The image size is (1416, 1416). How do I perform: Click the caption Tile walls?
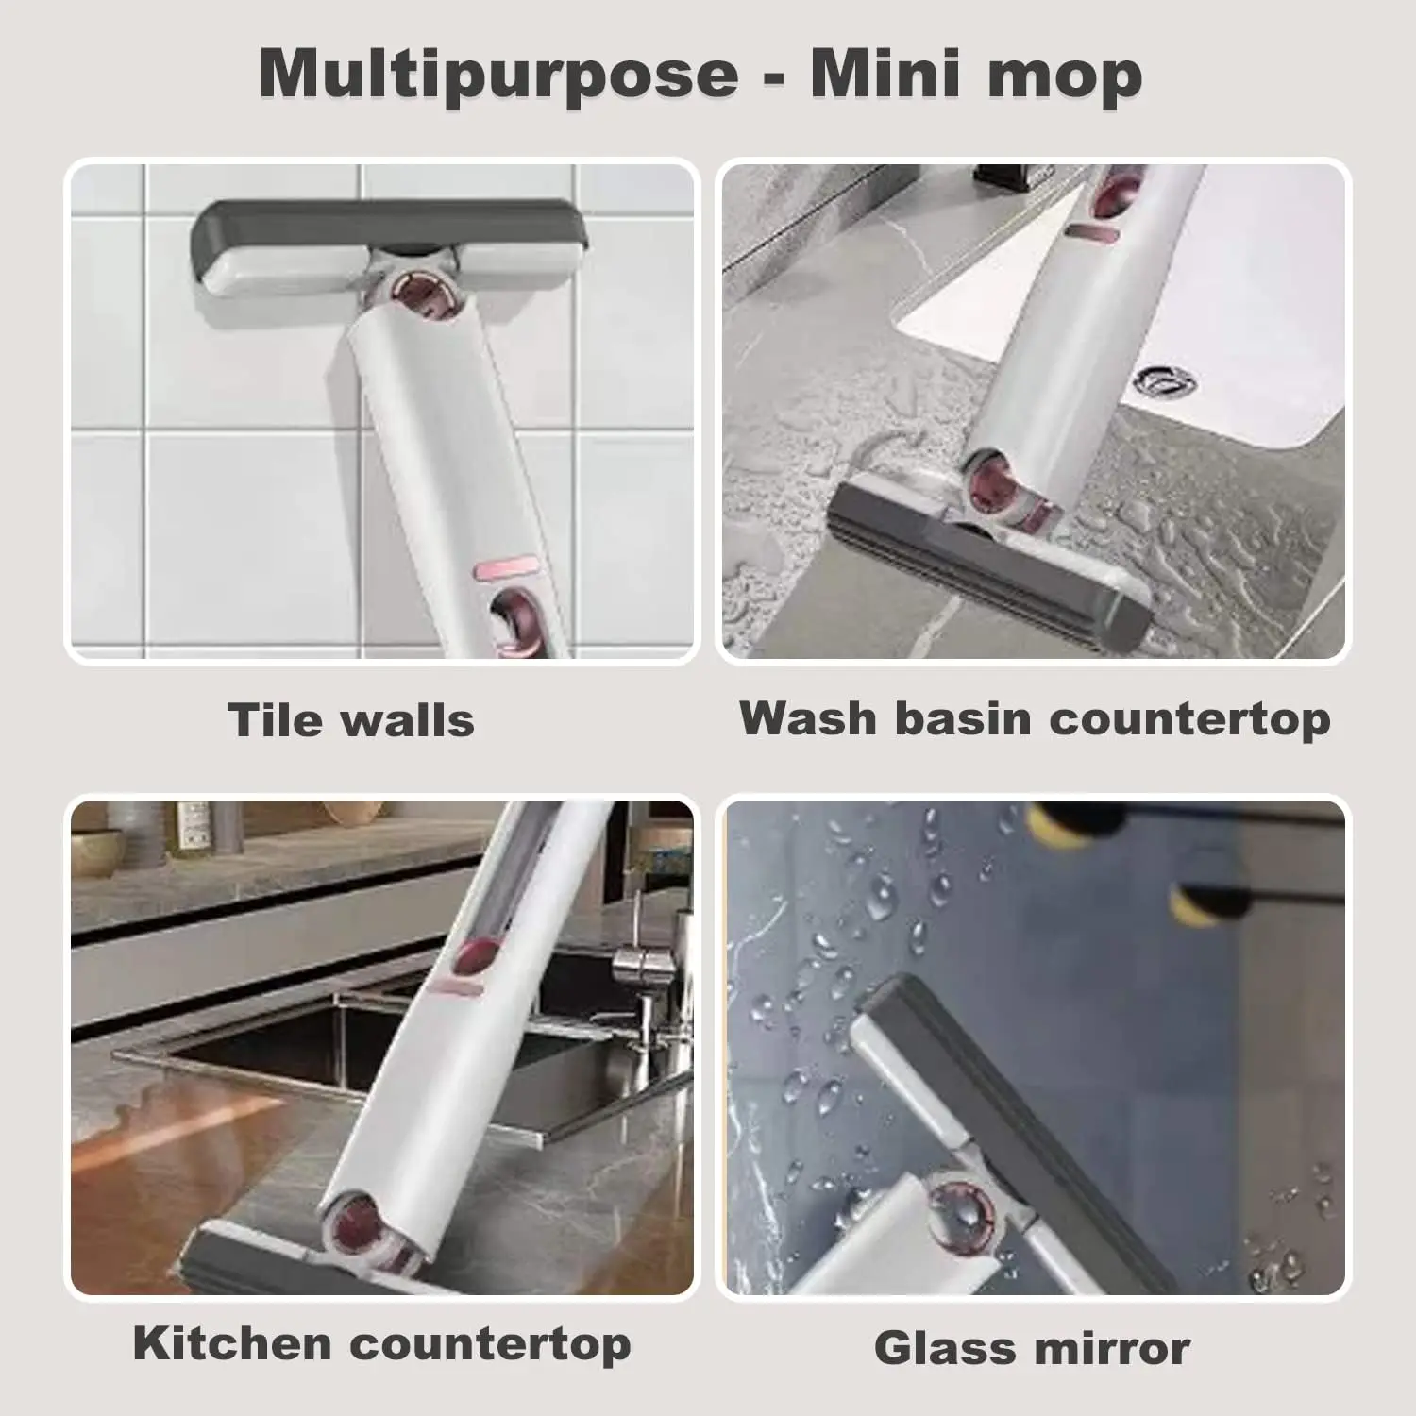[351, 720]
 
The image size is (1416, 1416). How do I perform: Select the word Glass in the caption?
[932, 1347]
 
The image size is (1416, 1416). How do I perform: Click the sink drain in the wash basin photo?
[1166, 381]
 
